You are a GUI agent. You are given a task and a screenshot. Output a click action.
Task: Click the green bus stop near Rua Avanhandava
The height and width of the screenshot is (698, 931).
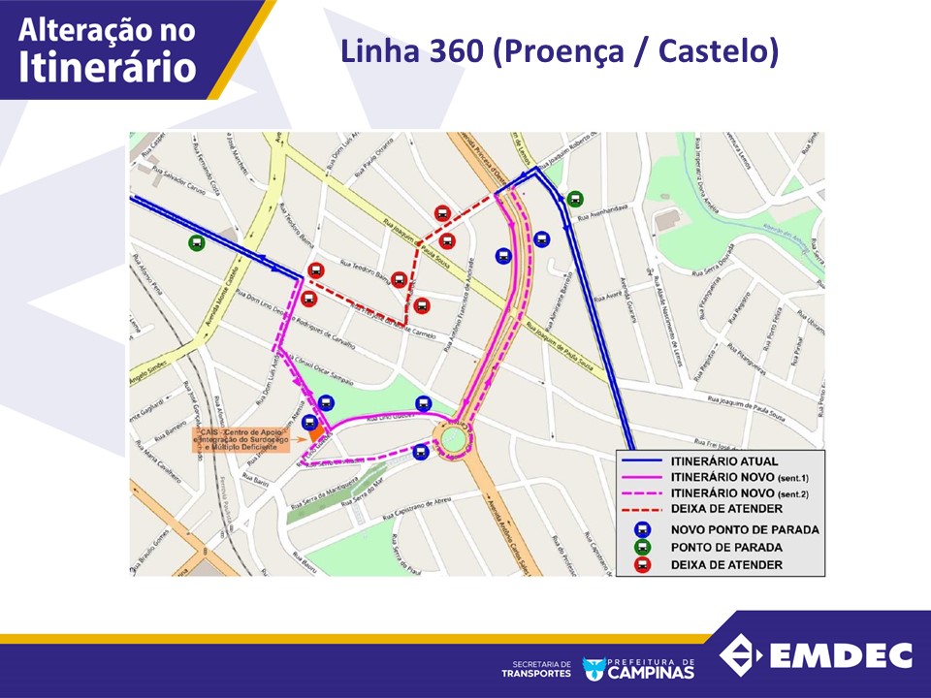pyautogui.click(x=576, y=199)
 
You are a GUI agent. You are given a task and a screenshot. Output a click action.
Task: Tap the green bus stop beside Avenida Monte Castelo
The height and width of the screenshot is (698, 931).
pyautogui.click(x=197, y=243)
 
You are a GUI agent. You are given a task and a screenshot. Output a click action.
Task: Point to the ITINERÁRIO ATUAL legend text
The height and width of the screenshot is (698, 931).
pyautogui.click(x=723, y=460)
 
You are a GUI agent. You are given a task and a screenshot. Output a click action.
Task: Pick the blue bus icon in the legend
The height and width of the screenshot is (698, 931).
pyautogui.click(x=642, y=529)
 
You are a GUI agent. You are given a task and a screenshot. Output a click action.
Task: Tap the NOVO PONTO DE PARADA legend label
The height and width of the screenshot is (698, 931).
pyautogui.click(x=744, y=529)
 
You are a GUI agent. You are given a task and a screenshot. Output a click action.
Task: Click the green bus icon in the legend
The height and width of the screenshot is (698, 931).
pyautogui.click(x=642, y=547)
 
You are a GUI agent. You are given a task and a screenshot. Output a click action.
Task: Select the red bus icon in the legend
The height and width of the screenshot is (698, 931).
pyautogui.click(x=642, y=564)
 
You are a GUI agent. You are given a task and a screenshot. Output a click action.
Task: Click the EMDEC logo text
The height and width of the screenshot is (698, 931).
pyautogui.click(x=841, y=655)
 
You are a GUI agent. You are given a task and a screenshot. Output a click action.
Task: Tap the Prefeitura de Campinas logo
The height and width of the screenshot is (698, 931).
pyautogui.click(x=638, y=668)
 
